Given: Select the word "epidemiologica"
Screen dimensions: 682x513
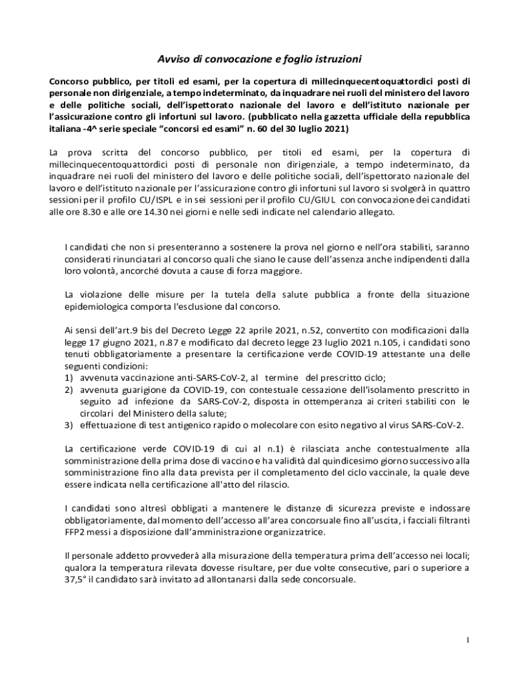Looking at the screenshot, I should [97, 306].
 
